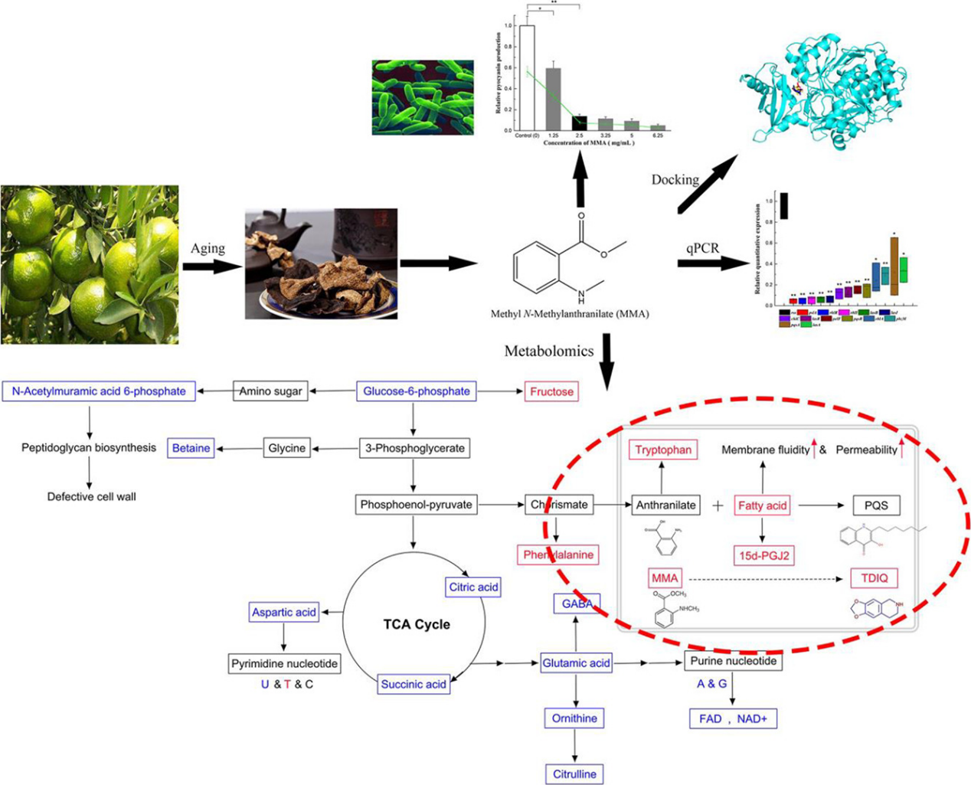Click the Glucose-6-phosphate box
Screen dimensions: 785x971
(x=416, y=391)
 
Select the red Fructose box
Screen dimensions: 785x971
(x=551, y=391)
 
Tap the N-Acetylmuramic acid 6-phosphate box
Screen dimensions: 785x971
(x=99, y=391)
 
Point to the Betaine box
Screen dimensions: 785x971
(x=191, y=448)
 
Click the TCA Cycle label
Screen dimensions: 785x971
(x=416, y=624)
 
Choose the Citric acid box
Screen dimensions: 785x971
(x=473, y=587)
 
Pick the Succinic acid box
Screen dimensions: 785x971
(x=414, y=684)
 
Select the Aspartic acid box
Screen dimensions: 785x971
(x=284, y=612)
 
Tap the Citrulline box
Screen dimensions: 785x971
(x=574, y=774)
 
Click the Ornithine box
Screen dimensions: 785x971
(x=574, y=718)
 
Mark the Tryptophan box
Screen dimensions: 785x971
(x=663, y=450)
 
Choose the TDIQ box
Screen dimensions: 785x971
(x=874, y=577)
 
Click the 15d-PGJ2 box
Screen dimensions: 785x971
(x=763, y=554)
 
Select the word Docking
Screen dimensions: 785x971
(x=675, y=179)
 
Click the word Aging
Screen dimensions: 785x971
(x=208, y=248)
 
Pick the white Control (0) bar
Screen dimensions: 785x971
(x=527, y=77)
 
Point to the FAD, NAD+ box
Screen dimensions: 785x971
(x=733, y=719)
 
